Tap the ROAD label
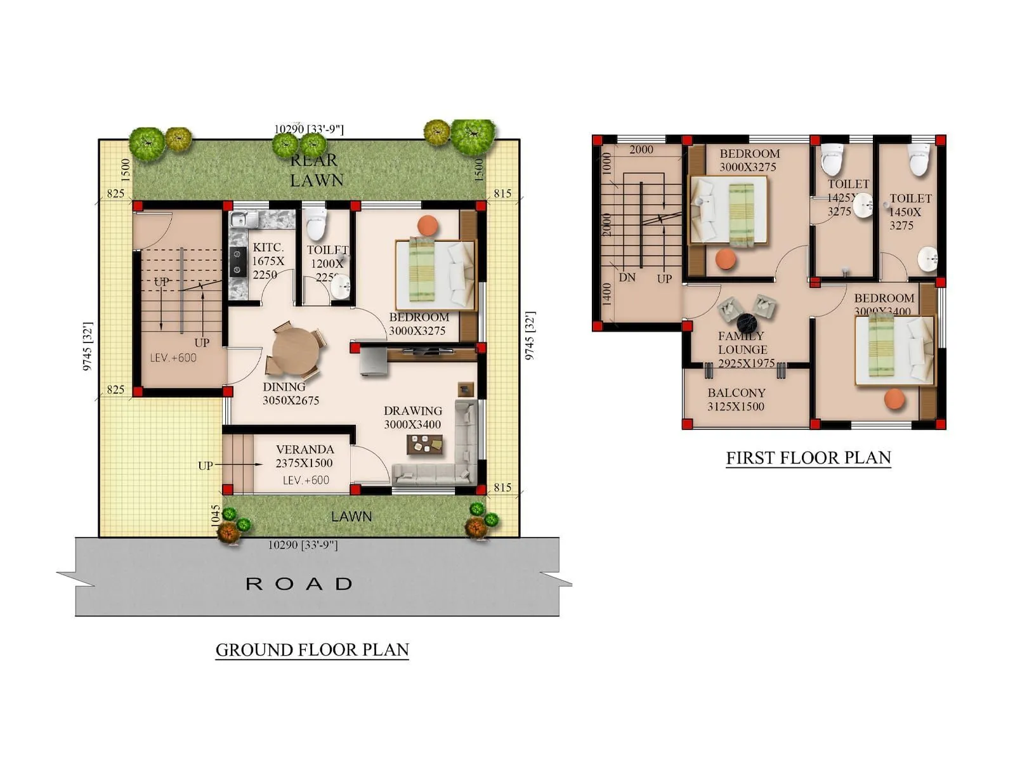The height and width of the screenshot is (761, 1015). pyautogui.click(x=299, y=583)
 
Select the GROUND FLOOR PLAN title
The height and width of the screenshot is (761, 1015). pyautogui.click(x=312, y=650)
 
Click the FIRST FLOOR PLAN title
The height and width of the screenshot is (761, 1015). pyautogui.click(x=808, y=458)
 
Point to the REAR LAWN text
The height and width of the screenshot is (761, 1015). pyautogui.click(x=315, y=171)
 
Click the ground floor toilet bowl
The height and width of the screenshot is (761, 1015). pyautogui.click(x=316, y=223)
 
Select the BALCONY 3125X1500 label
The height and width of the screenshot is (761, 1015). pyautogui.click(x=736, y=400)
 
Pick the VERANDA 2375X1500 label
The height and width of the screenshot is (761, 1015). pyautogui.click(x=304, y=456)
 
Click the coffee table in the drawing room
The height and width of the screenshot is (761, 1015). pyautogui.click(x=424, y=446)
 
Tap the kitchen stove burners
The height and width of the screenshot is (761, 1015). pyautogui.click(x=238, y=261)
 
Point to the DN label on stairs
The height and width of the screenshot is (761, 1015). pyautogui.click(x=627, y=277)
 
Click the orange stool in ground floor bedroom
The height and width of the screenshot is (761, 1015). pyautogui.click(x=428, y=225)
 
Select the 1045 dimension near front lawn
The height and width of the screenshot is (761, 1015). pyautogui.click(x=216, y=514)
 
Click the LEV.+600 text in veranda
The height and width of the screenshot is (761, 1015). pyautogui.click(x=306, y=480)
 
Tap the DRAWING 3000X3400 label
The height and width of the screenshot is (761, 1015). pyautogui.click(x=412, y=417)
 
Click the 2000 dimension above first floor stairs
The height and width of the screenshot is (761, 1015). pyautogui.click(x=641, y=150)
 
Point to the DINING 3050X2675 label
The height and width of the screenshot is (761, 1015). pyautogui.click(x=291, y=393)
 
